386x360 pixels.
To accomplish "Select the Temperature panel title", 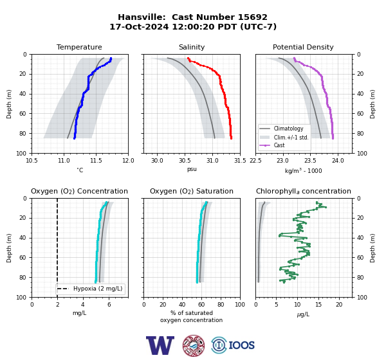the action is pos(79,47).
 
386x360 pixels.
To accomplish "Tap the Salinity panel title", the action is pos(192,47).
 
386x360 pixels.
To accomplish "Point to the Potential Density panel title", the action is pos(303,47).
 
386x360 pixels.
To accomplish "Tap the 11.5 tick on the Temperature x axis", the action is pos(96,161).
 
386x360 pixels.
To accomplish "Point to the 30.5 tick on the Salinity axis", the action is pos(185,161).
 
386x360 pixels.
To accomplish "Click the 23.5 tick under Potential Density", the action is pos(310,161).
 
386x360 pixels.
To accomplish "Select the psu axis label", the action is pos(192,169).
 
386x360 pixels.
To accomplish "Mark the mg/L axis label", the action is pos(79,313).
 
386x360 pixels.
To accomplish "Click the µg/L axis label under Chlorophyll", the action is pos(303,314).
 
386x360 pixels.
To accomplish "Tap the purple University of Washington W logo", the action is pos(160,345).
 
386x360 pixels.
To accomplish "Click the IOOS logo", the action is pos(233,345).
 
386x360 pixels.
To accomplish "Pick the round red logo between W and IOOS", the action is pos(194,345).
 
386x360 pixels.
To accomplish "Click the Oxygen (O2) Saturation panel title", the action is pos(192,191).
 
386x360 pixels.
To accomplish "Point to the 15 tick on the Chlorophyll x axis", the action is pos(318,305).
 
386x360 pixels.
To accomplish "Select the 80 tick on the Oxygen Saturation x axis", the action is pos(221,305).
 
